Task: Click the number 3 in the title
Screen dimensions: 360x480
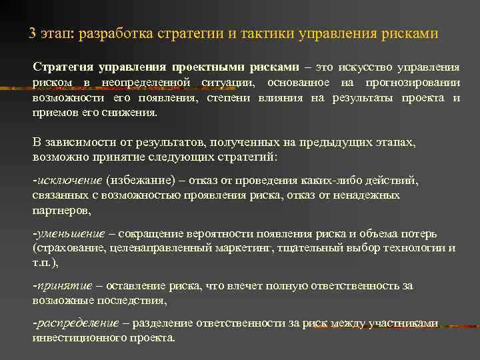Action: coord(33,33)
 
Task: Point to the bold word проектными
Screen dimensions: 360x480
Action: coord(207,68)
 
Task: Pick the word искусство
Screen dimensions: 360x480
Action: coord(366,68)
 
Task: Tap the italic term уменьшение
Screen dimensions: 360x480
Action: coord(70,234)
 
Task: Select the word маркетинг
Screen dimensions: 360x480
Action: coord(237,248)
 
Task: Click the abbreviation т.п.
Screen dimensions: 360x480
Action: coord(41,263)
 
